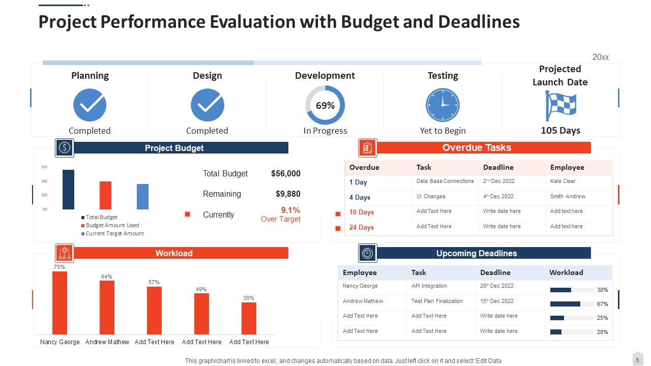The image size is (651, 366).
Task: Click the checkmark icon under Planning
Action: coord(90,105)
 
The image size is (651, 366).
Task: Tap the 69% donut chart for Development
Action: coord(325,105)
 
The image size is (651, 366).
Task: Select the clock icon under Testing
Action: coord(442,105)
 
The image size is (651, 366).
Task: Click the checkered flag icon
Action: coord(560,106)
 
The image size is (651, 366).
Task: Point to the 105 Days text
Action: coord(560,131)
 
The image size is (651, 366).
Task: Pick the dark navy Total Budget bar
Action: coord(68,190)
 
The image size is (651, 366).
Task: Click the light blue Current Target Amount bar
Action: coord(142,197)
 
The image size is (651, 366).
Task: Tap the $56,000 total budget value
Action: coord(285,173)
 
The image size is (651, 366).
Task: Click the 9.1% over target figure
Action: coord(290,210)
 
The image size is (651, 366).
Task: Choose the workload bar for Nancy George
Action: coord(60,302)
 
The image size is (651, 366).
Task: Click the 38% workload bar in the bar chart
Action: coord(249,318)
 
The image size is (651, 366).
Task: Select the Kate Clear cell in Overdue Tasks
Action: coord(563,181)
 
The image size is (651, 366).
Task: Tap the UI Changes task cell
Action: coord(431,196)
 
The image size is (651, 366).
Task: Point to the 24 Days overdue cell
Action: coord(362,227)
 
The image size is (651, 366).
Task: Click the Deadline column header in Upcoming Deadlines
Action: coord(495,272)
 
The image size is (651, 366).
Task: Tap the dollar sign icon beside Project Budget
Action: coord(65,147)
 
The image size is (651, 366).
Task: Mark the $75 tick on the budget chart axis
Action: coord(44,167)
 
